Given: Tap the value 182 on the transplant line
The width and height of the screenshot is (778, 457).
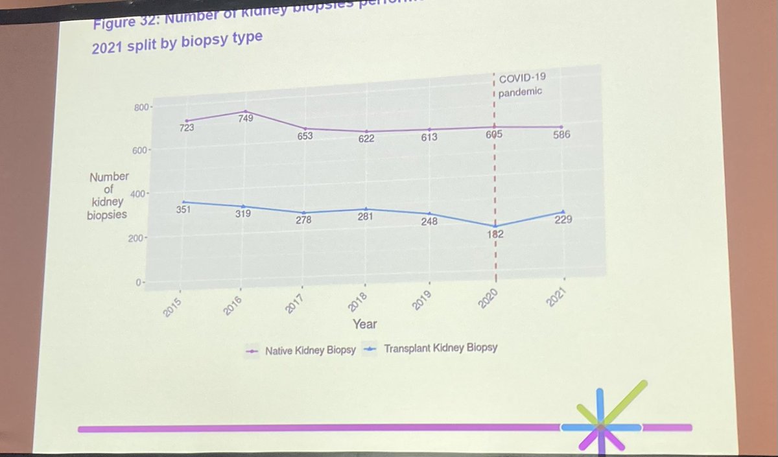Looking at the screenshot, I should click(x=495, y=234).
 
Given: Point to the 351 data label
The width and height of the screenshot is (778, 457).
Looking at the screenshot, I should click(x=182, y=210).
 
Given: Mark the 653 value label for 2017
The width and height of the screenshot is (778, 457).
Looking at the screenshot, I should click(x=305, y=135).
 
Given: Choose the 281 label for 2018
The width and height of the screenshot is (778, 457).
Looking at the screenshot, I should click(x=366, y=217).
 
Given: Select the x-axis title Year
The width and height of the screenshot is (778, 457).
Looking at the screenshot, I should click(x=364, y=323).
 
